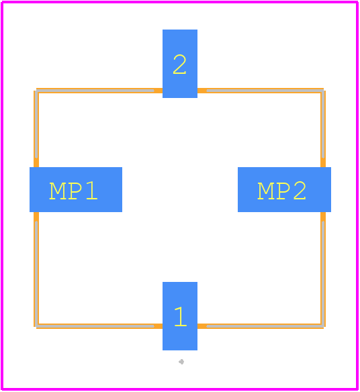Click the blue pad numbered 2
180,64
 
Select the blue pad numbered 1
180,316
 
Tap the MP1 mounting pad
76,189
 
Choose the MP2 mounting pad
284,189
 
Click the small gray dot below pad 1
181,362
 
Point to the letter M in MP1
58,191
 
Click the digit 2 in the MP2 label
300,191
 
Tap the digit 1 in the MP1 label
91,191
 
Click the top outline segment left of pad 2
99,91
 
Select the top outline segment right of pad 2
261,91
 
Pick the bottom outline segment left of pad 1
99,326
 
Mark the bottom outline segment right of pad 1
261,326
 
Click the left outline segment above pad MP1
36,129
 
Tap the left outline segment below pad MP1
36,269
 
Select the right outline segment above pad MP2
323,129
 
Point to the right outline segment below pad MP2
323,269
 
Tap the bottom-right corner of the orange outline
323,326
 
